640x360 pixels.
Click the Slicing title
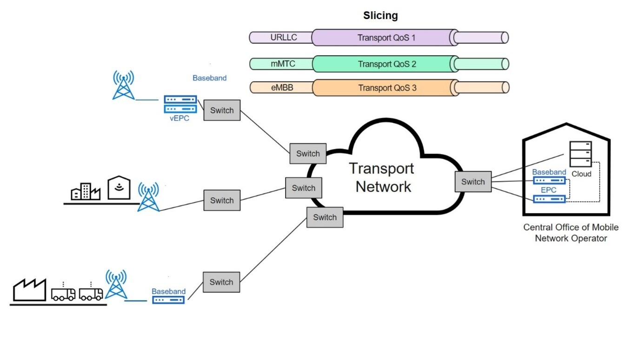click(x=380, y=15)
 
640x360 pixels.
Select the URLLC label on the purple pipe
click(x=283, y=38)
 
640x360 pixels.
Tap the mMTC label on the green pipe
click(x=283, y=64)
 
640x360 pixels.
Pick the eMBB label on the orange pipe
click(x=282, y=87)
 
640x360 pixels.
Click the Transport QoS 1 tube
click(x=386, y=38)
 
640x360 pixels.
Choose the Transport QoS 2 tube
click(x=387, y=64)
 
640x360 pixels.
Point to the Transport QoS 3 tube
click(x=387, y=87)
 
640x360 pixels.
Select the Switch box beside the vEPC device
click(x=222, y=110)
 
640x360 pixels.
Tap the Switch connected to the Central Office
click(x=473, y=182)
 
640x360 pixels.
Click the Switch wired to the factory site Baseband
click(x=221, y=282)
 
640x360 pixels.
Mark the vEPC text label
click(x=179, y=118)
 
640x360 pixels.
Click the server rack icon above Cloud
click(x=581, y=154)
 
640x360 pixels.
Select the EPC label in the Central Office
click(x=549, y=190)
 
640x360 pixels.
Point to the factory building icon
click(x=30, y=290)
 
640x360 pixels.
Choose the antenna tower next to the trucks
click(x=116, y=285)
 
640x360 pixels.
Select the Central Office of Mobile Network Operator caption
click(x=571, y=233)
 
